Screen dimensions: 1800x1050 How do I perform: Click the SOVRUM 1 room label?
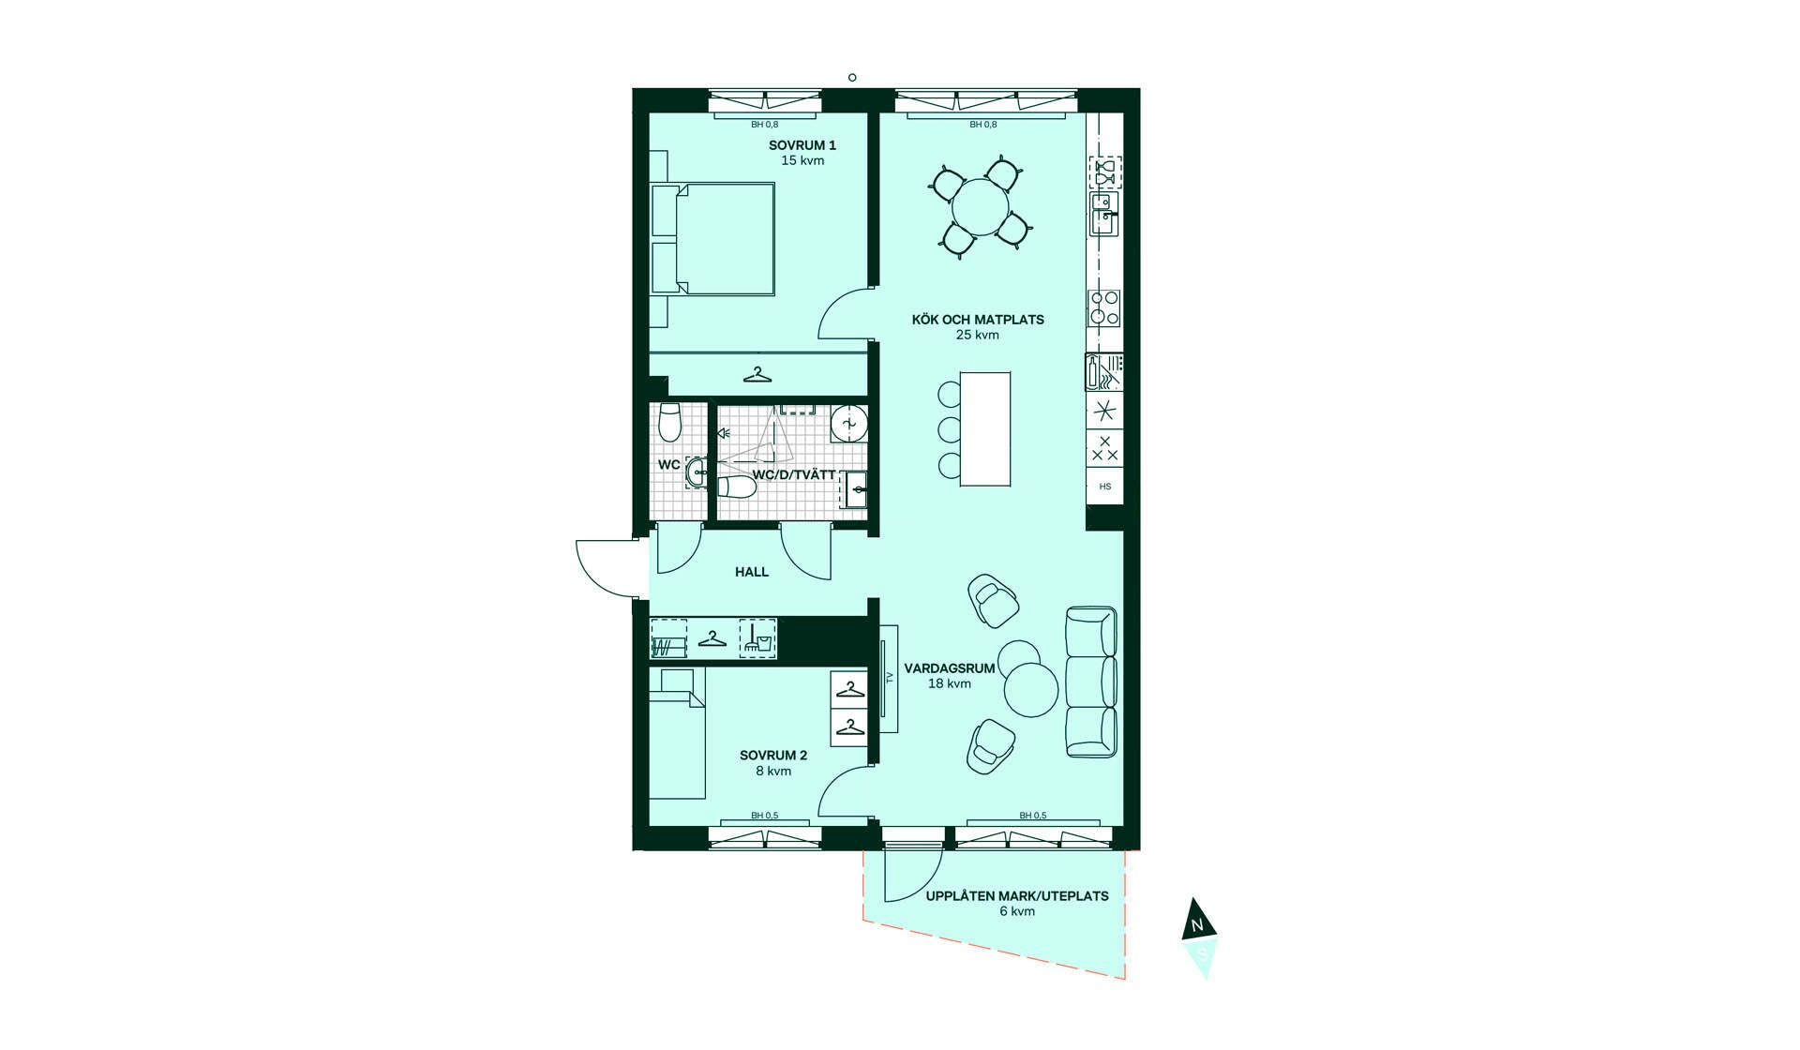click(x=802, y=145)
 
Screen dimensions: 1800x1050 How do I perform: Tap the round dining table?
click(x=981, y=207)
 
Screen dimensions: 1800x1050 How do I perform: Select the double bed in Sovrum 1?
click(x=713, y=239)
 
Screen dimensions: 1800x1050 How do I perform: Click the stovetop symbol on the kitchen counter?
click(x=1104, y=307)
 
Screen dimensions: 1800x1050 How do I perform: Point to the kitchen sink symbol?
click(x=1104, y=214)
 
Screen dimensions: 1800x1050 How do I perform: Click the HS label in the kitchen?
click(x=1105, y=487)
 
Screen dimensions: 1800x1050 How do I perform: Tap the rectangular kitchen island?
click(x=985, y=428)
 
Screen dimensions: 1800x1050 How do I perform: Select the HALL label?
click(x=752, y=572)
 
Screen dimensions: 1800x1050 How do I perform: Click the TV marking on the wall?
click(x=890, y=678)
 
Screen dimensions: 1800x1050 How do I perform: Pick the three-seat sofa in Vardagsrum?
click(x=1091, y=682)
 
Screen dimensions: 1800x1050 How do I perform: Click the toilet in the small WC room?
click(x=669, y=422)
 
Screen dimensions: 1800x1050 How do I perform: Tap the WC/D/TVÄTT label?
click(x=794, y=475)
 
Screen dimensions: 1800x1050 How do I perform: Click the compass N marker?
click(x=1197, y=926)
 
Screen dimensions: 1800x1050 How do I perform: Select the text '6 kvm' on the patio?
click(x=1017, y=911)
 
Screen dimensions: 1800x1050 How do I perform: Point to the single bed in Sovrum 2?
click(x=677, y=733)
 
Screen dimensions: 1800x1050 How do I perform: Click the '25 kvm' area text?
click(x=978, y=335)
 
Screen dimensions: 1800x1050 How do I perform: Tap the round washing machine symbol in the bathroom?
click(x=848, y=424)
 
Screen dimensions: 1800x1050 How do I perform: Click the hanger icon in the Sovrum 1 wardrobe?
click(x=757, y=375)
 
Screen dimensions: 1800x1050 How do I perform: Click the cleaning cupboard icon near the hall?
click(x=757, y=638)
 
